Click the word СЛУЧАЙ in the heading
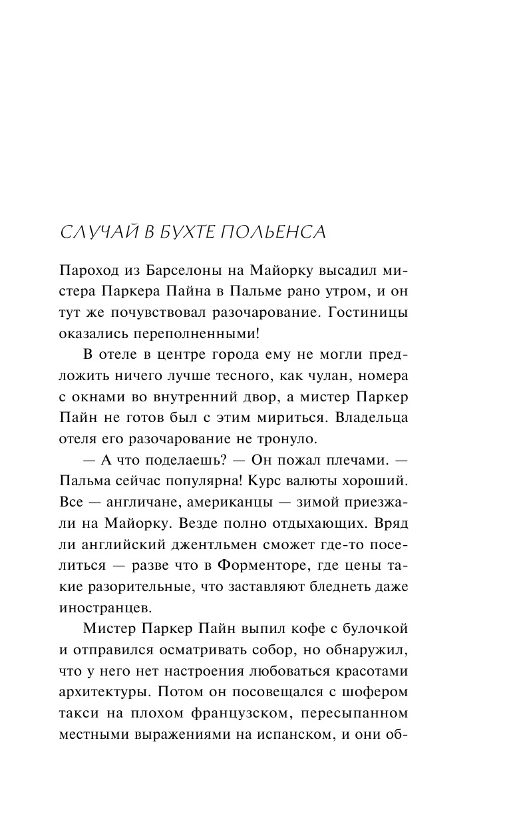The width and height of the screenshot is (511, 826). [x=97, y=232]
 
